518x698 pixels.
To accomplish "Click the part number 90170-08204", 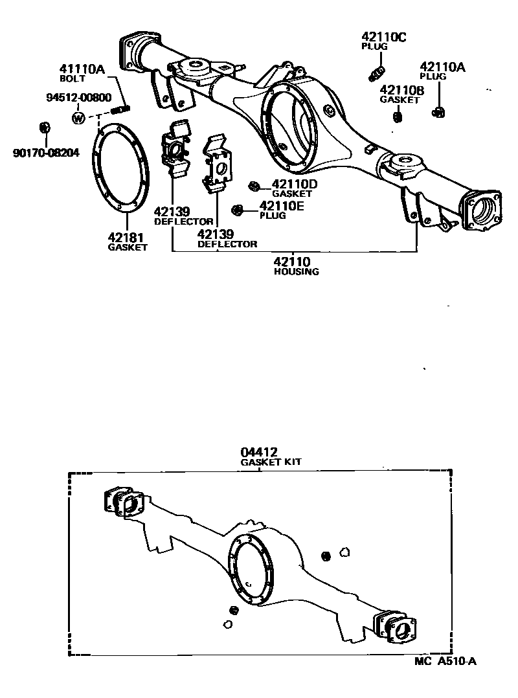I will click(x=45, y=153).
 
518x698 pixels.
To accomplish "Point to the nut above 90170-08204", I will click(x=45, y=126).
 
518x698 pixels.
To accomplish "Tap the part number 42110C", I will click(x=383, y=37).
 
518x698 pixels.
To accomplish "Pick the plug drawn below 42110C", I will click(x=376, y=74).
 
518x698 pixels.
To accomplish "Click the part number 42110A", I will click(x=442, y=67).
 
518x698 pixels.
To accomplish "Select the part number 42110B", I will click(x=401, y=91).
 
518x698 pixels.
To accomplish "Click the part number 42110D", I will click(x=295, y=185).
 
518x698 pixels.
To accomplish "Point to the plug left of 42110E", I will click(x=238, y=209).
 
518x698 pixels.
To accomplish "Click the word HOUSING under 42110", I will click(x=296, y=272).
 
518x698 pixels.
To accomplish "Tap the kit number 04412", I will click(x=260, y=452).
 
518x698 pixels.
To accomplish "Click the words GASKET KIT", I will click(x=271, y=462).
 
